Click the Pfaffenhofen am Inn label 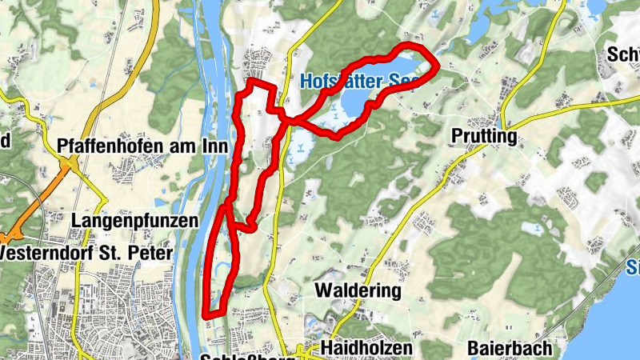click(143, 146)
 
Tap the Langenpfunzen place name click(134, 219)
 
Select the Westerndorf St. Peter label click(86, 253)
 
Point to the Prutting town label click(483, 137)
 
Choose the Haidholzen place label click(366, 348)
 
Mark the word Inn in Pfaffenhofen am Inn click(217, 146)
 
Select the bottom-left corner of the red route click(206, 314)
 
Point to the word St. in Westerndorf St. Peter click(119, 253)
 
